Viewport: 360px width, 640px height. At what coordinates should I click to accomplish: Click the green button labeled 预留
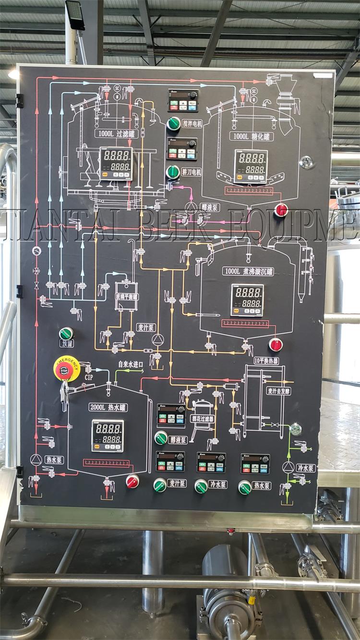[66, 333]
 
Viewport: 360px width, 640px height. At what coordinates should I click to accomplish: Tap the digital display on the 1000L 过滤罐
[116, 163]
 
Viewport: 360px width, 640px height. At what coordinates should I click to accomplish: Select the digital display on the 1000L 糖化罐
[250, 166]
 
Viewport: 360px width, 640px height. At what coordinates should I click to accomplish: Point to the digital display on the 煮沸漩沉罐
[247, 300]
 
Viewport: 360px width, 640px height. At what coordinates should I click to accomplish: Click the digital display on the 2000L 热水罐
[108, 435]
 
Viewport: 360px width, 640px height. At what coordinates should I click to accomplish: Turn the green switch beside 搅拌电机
[173, 123]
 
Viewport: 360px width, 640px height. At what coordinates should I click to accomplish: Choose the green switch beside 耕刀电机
[172, 171]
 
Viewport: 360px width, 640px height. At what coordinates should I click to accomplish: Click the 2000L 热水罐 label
[108, 408]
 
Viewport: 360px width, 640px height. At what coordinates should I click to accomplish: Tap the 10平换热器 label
[266, 360]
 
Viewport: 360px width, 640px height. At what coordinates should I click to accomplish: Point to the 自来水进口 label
[131, 364]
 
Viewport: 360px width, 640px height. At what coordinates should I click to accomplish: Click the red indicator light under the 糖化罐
[281, 210]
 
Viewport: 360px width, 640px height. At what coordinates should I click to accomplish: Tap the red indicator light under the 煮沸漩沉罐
[276, 344]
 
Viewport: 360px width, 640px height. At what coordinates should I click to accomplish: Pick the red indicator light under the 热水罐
[132, 481]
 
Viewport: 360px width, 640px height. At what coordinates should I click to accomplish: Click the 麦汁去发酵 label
[278, 391]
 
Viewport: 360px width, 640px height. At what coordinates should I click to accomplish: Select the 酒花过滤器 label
[202, 418]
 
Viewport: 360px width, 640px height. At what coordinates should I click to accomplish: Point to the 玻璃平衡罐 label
[127, 297]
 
